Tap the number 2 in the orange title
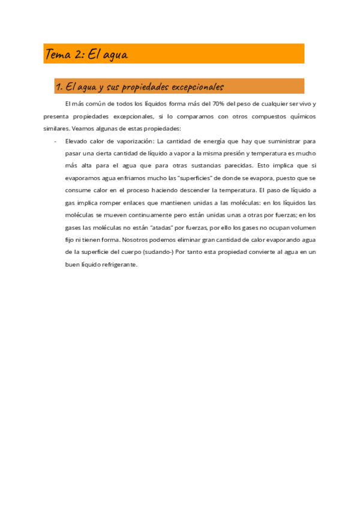pos(79,55)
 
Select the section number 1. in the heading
pos(59,87)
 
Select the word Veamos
pos(82,128)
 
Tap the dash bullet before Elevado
pos(55,141)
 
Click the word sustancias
pos(202,165)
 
